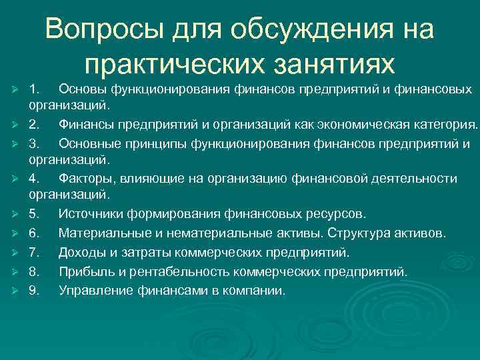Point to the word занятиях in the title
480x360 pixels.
[339, 65]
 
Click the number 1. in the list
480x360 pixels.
[35, 89]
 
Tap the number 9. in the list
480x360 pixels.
[35, 291]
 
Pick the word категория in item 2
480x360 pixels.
[445, 125]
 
